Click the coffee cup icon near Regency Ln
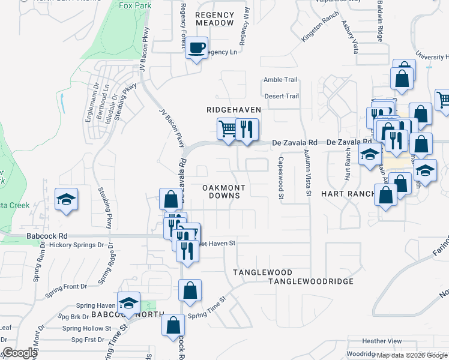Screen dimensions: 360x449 196,47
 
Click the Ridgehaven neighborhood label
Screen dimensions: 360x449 234,110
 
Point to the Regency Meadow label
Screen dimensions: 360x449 214,19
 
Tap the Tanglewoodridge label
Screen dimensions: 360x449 310,281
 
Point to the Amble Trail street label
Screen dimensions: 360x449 281,80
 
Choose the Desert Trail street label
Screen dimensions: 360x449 282,96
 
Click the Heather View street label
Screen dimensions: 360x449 382,341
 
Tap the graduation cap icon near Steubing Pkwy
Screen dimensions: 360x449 67,200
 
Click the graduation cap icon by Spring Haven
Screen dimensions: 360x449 128,303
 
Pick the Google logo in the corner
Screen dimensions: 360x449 20,353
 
